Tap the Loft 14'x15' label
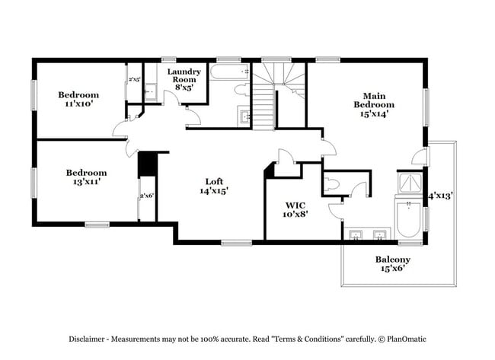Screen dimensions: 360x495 214,186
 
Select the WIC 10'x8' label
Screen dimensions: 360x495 295,209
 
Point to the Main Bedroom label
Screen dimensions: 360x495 373,104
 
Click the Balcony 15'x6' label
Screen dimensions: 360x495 392,264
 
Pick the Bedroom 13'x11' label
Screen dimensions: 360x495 85,177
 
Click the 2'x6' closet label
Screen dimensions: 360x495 146,196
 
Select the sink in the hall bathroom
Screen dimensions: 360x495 245,116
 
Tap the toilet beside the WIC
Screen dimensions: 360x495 332,183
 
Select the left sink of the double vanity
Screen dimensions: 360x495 356,234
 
